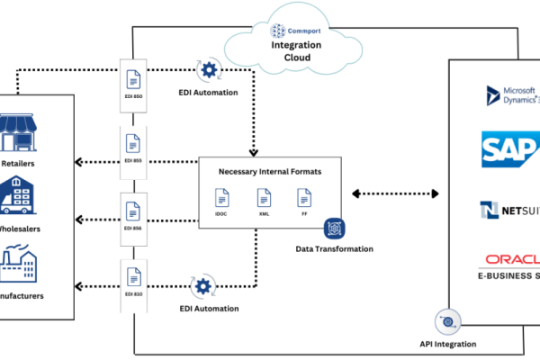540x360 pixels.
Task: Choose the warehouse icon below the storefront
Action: (19, 193)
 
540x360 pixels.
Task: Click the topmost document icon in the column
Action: (133, 79)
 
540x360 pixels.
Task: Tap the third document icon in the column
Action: (133, 211)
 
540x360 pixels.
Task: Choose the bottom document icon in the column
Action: (133, 276)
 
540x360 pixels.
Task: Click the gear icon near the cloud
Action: (209, 69)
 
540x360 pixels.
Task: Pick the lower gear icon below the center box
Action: (203, 287)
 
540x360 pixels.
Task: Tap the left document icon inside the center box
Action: (221, 196)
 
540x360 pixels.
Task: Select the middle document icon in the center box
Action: (264, 196)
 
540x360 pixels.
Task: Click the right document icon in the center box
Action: (305, 196)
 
